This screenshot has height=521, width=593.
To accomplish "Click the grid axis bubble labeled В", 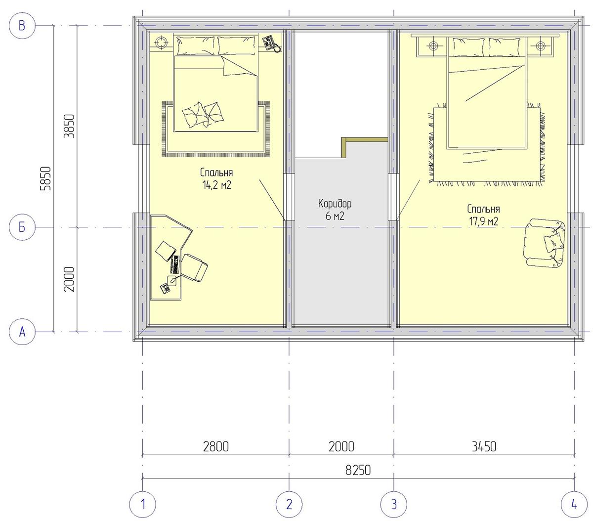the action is coord(22,26).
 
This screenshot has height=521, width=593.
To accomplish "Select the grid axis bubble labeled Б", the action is coord(22,227).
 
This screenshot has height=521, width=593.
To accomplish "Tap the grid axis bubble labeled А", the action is coord(22,332).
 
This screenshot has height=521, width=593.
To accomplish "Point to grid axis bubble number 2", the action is coord(289,504).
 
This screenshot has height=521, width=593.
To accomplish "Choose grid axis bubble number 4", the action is coord(574,504).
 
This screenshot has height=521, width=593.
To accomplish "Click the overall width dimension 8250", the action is coord(358,471).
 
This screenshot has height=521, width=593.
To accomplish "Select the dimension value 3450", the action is coord(484,447).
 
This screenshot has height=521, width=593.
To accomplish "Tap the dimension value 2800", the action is coord(216,447).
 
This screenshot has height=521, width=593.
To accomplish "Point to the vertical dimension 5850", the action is coord(45,178).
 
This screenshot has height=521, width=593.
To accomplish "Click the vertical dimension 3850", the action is coord(70,126).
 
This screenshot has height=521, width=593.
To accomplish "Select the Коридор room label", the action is coord(335,204).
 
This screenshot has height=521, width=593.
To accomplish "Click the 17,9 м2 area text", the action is coord(483,221).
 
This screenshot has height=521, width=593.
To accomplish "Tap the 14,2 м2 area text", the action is coord(216,185).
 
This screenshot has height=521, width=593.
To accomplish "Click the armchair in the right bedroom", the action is coord(545,243).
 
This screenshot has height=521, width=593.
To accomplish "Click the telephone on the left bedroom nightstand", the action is coord(271,43).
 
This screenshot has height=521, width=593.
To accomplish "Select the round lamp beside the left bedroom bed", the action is coord(161,43).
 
